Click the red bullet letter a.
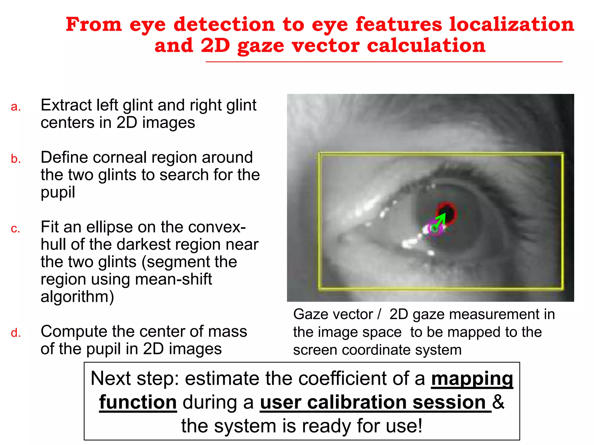point(16,107)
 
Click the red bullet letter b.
point(16,159)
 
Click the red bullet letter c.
point(16,229)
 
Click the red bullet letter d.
point(16,333)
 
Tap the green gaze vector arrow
point(440,220)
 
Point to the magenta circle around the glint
point(435,229)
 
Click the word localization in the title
point(512,24)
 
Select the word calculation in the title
point(426,46)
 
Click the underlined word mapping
point(472,378)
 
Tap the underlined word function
point(138,402)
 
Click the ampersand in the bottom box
point(498,402)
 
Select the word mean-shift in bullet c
point(173,279)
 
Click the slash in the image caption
point(379,314)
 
